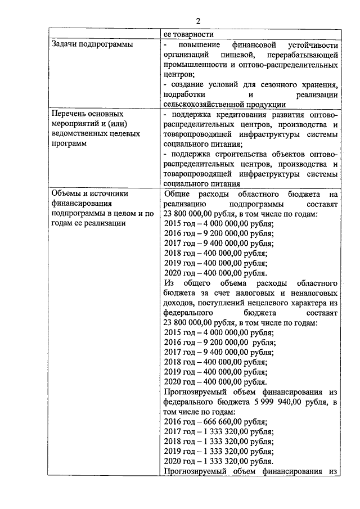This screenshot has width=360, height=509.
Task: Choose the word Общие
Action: [x=175, y=194]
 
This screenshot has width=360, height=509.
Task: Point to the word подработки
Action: [x=181, y=94]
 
